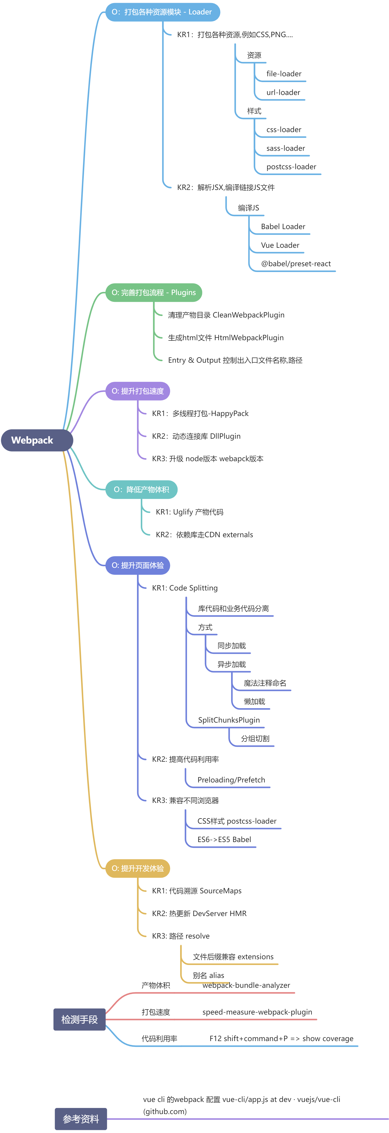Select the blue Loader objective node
(162, 12)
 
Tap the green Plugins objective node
(153, 292)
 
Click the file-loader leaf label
(284, 74)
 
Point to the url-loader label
(283, 92)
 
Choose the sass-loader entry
(285, 148)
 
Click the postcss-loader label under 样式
(291, 167)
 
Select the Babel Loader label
(283, 227)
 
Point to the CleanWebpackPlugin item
(226, 315)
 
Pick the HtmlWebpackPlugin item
(226, 338)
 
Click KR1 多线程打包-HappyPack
(200, 413)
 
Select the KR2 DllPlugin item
(196, 436)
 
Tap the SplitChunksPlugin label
(229, 720)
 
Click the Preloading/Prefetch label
(231, 780)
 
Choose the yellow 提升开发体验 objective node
(137, 868)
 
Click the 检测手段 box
(79, 1020)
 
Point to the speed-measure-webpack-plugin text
(257, 1012)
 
